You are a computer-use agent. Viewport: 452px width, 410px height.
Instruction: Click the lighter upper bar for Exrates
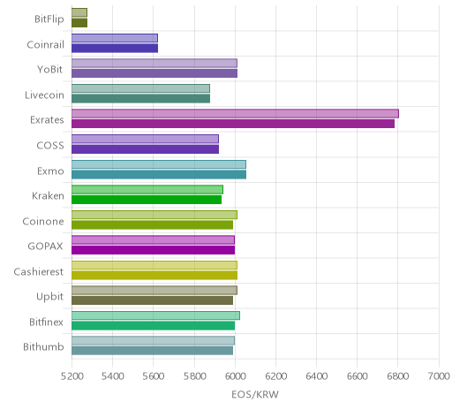[235, 113]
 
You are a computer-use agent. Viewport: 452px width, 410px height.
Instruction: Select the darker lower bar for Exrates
[233, 124]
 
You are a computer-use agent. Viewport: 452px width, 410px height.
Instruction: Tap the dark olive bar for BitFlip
[79, 23]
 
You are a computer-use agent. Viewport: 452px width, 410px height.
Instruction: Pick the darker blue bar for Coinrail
[115, 49]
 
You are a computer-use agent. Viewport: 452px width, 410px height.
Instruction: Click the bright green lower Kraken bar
[147, 200]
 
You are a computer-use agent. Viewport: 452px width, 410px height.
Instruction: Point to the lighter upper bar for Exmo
[159, 164]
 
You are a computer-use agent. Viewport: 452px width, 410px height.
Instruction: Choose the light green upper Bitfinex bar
[155, 315]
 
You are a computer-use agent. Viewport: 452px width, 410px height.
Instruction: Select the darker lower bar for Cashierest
[154, 276]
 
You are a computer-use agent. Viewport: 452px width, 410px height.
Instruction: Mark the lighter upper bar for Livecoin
[140, 88]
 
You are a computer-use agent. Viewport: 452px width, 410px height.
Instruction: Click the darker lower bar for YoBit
[154, 73]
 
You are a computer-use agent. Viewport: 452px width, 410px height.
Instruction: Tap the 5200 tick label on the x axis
[72, 376]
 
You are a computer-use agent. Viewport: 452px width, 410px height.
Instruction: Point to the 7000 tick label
[439, 376]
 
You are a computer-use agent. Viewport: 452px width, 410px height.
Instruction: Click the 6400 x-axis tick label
[317, 376]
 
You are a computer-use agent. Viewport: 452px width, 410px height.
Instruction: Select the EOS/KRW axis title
[255, 395]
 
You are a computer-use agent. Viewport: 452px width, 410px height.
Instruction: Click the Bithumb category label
[43, 346]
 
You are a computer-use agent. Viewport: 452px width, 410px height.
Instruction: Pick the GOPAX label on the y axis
[45, 246]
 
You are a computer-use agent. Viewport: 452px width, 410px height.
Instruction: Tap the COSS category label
[50, 145]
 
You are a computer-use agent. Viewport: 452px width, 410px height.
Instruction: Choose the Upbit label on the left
[49, 297]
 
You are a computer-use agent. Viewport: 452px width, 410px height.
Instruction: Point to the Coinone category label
[43, 221]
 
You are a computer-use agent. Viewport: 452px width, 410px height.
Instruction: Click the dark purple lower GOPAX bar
[154, 250]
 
